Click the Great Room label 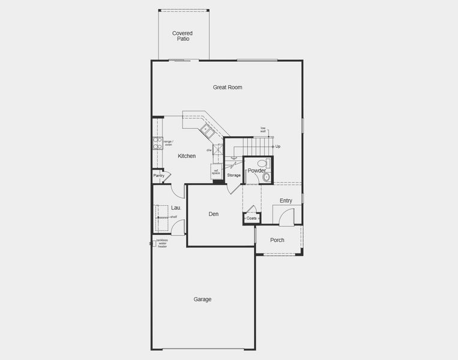pos(227,88)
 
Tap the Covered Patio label pos(182,36)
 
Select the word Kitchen pos(187,156)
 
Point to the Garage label pos(202,299)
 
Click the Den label pos(213,214)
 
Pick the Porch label pos(277,241)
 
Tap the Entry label pos(286,200)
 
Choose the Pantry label pos(158,176)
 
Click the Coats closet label pos(252,218)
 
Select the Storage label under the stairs pos(234,175)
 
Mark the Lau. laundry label pos(176,208)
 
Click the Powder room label pos(256,171)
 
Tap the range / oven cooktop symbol pos(158,143)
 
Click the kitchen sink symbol pos(206,129)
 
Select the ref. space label pos(216,172)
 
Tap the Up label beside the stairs pos(278,146)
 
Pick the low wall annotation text pos(263,129)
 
